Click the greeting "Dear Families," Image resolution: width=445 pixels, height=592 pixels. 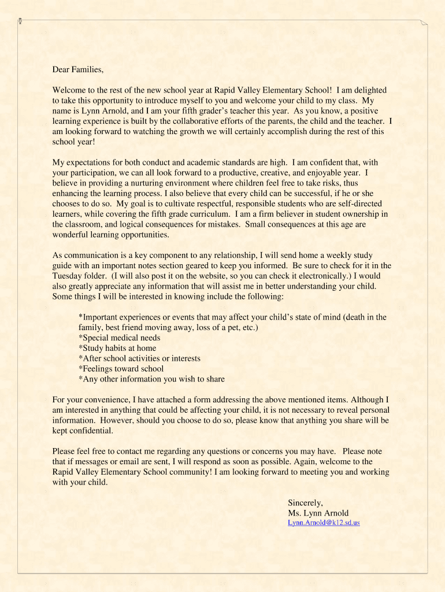pyautogui.click(x=78, y=69)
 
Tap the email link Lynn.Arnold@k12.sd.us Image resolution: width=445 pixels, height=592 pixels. pyautogui.click(x=324, y=523)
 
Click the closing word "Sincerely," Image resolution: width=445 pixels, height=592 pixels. pyautogui.click(x=305, y=502)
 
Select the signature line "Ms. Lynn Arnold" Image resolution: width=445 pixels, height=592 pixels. pyautogui.click(x=318, y=513)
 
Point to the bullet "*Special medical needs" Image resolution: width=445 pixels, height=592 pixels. pyautogui.click(x=119, y=338)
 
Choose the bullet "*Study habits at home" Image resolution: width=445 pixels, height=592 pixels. pyautogui.click(x=117, y=348)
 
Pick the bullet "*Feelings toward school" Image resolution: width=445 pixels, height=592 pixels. pyautogui.click(x=121, y=369)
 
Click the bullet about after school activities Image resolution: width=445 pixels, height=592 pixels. pyautogui.click(x=139, y=358)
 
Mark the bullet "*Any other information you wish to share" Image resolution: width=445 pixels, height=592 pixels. pyautogui.click(x=151, y=379)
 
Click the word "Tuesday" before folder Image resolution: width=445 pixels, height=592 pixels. pyautogui.click(x=68, y=276)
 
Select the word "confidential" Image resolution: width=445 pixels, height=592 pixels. pyautogui.click(x=90, y=431)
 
